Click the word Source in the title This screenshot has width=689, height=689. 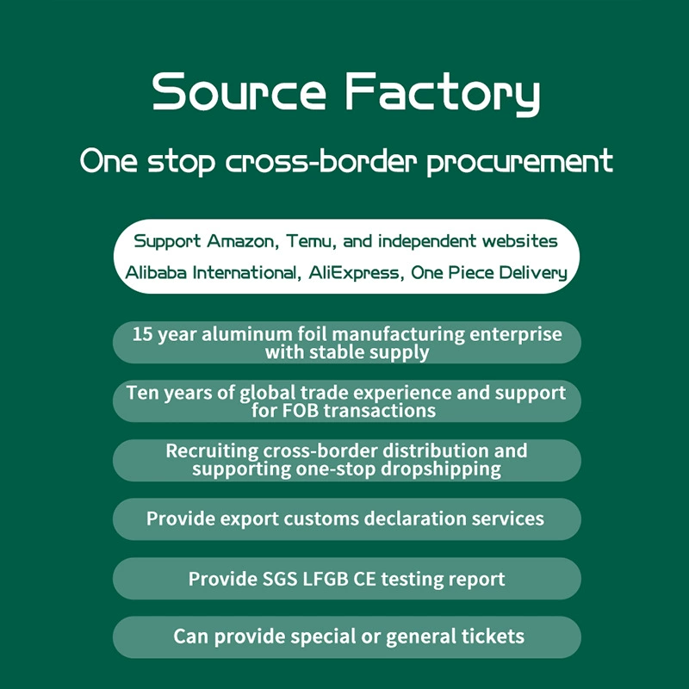[239, 91]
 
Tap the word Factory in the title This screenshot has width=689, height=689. [443, 94]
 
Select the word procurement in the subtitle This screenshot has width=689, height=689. [520, 162]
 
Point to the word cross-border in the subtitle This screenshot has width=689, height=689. [320, 161]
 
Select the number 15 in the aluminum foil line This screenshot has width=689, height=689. [142, 334]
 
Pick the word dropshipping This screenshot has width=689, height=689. [441, 469]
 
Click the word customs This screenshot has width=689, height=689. [321, 519]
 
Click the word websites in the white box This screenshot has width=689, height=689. [520, 241]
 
